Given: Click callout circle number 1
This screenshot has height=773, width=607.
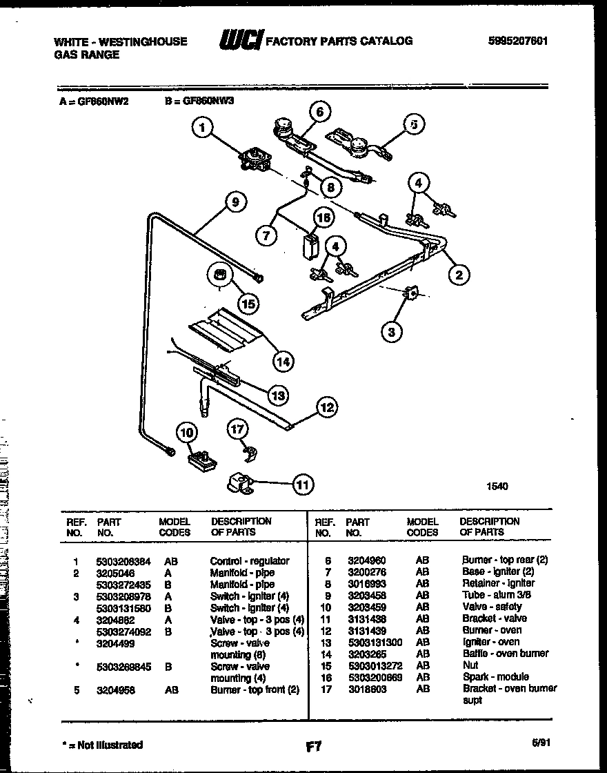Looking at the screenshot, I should coord(202,127).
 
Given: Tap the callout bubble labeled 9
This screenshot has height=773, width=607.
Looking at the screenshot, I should coord(235,202).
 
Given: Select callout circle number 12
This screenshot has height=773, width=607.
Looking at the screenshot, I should coord(326,408).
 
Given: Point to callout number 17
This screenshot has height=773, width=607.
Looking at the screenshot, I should coord(237,429).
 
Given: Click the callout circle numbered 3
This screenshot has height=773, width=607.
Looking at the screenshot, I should coord(392,333).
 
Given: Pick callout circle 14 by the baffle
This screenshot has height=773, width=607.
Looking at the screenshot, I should coord(281,360).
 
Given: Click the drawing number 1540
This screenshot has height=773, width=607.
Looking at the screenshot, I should coord(496,487).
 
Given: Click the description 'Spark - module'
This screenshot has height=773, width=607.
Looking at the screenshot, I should coord(495,676).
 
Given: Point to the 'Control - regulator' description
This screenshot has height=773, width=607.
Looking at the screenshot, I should coord(249,561).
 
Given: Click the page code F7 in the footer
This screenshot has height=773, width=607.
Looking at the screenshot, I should coord(313,746).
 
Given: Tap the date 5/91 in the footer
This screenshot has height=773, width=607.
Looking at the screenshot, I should coord(541,743).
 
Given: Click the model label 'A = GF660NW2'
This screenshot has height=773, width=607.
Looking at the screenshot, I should coord(90,99).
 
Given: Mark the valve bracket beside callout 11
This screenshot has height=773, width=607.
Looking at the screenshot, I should coord(242,485).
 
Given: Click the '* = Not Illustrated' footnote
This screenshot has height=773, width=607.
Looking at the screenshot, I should coord(101,745).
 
